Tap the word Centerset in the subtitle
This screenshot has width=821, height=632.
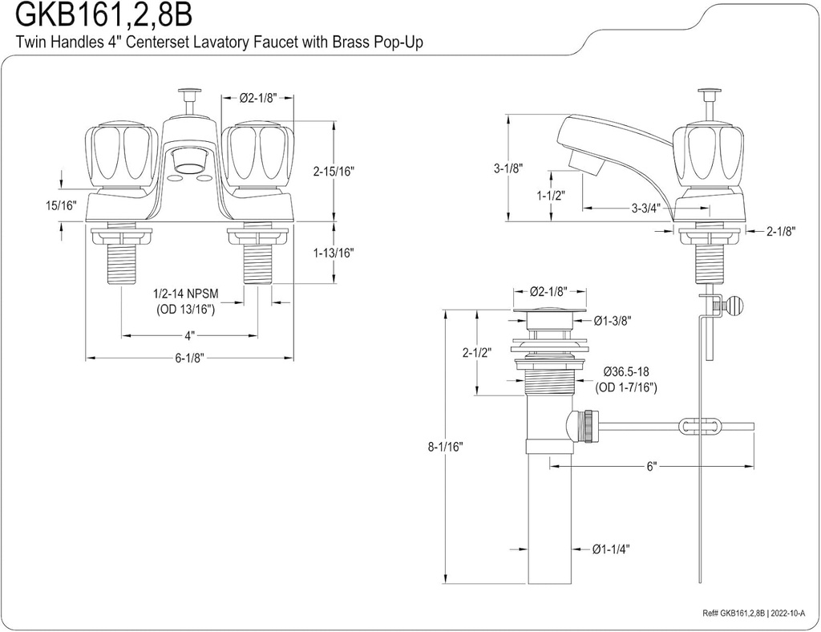click(187, 42)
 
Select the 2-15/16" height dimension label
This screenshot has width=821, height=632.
click(334, 171)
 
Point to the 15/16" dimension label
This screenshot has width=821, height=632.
click(60, 206)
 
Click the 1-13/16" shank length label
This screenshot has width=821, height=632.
click(334, 252)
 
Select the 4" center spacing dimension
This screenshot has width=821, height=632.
click(189, 334)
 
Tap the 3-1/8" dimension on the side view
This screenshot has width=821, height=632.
click(508, 168)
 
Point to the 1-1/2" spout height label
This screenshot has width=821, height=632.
click(549, 195)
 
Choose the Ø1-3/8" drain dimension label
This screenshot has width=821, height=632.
click(613, 321)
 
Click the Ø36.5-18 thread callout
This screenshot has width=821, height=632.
click(626, 373)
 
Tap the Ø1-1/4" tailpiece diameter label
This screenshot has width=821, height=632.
click(611, 549)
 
